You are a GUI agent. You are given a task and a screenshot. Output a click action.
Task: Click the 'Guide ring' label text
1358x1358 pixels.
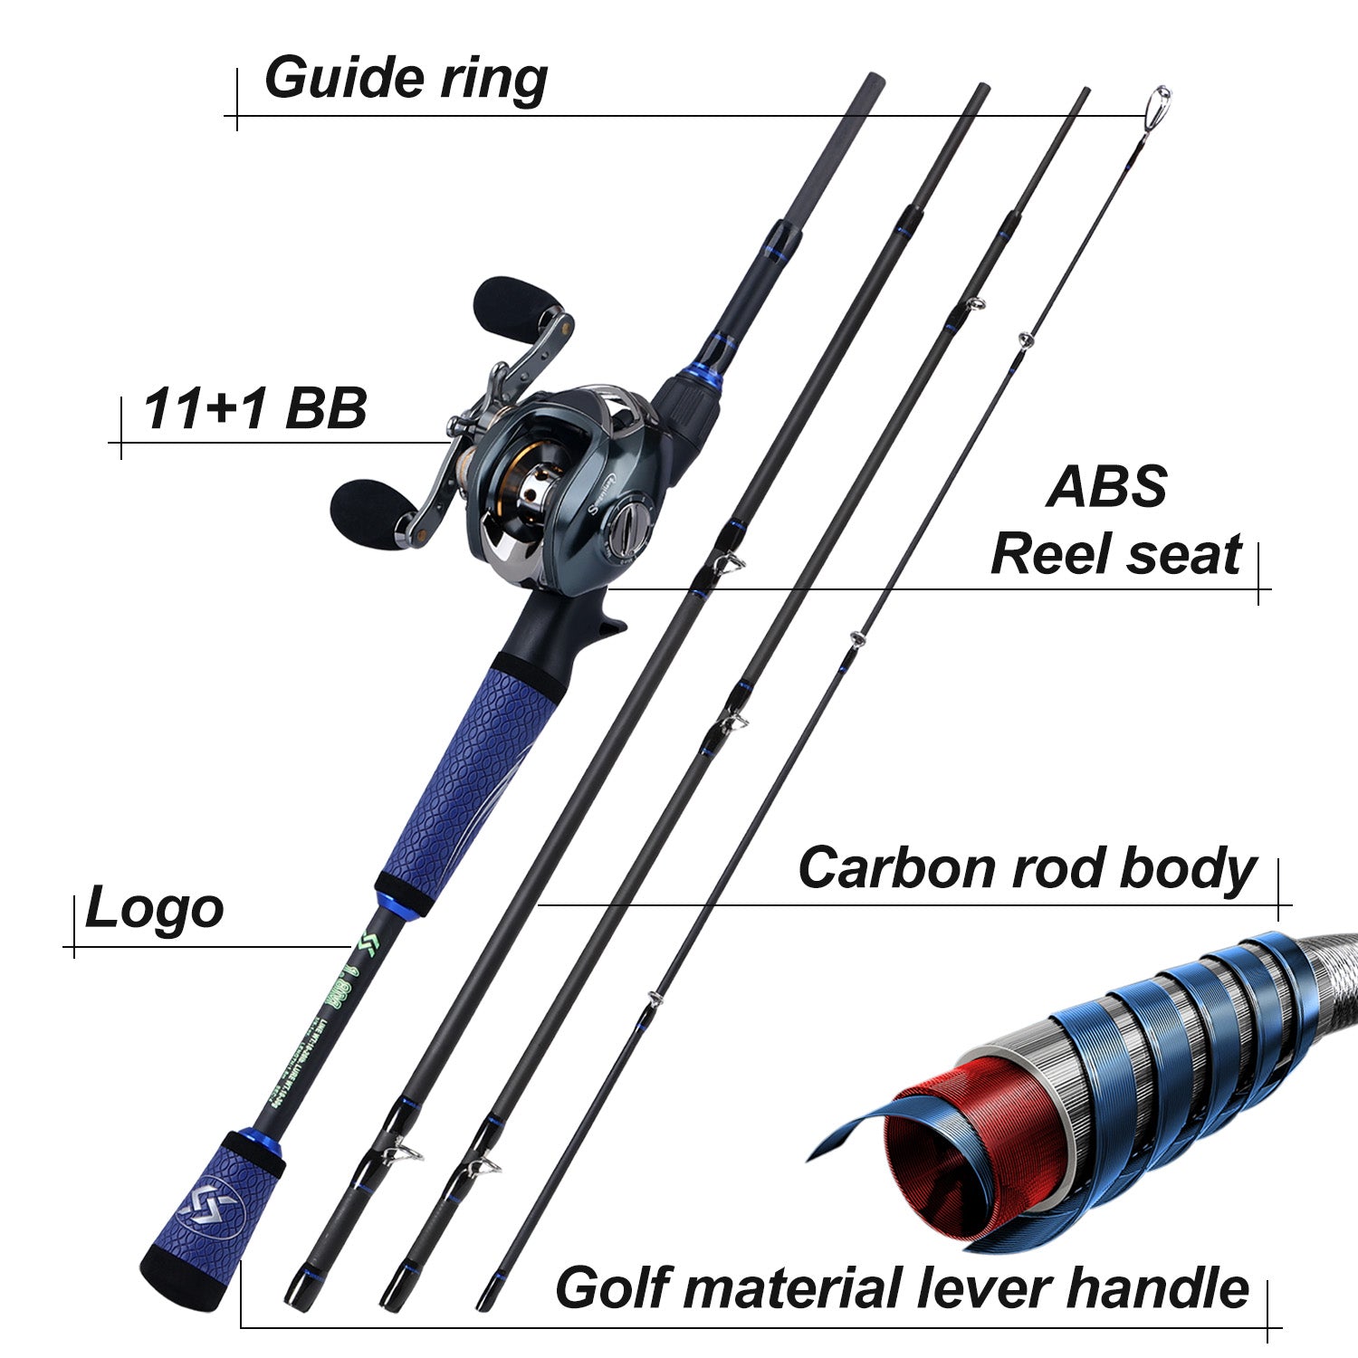405,78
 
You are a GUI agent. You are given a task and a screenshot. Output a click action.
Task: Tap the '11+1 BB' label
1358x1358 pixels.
254,408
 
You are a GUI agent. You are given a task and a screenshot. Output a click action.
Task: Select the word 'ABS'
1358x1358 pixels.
1106,486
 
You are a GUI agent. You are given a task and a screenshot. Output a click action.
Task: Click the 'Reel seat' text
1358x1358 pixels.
1115,554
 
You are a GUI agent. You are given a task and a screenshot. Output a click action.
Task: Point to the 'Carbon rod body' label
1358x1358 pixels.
1027,868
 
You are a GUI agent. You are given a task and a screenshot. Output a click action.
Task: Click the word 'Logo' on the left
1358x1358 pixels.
154,909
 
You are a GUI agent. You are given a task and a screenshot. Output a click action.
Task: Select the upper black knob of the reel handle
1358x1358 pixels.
509,305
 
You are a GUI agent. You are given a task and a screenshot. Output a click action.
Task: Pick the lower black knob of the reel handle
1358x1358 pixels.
367,512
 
